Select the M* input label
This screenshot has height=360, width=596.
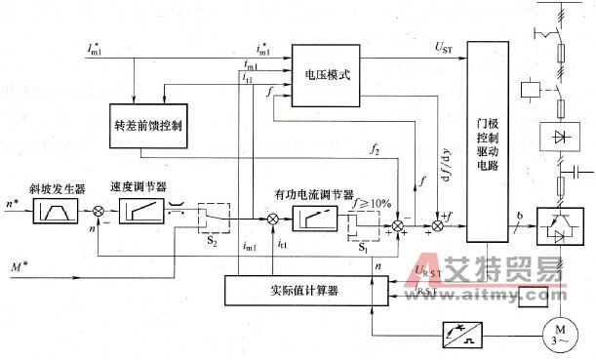pyautogui.click(x=14, y=265)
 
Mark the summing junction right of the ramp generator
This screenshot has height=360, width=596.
pyautogui.click(x=98, y=211)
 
